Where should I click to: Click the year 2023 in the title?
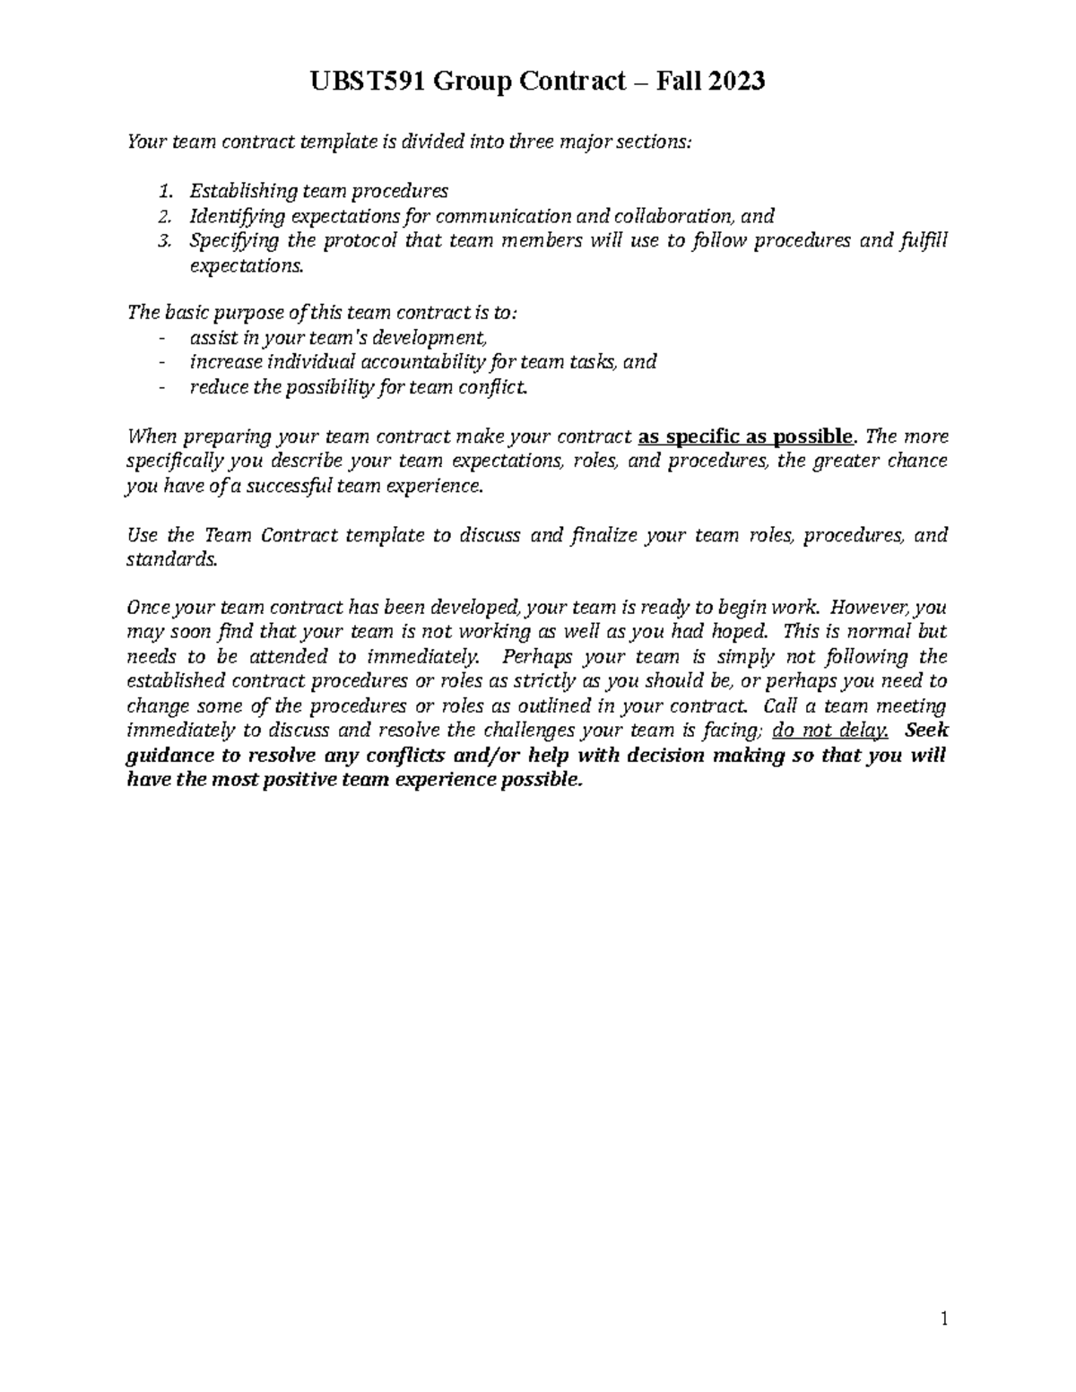click(x=735, y=82)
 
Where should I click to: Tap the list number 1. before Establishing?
click(x=164, y=191)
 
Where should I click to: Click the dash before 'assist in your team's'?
click(x=161, y=338)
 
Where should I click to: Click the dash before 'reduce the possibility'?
click(x=161, y=387)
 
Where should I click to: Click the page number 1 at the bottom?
click(x=943, y=1319)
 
